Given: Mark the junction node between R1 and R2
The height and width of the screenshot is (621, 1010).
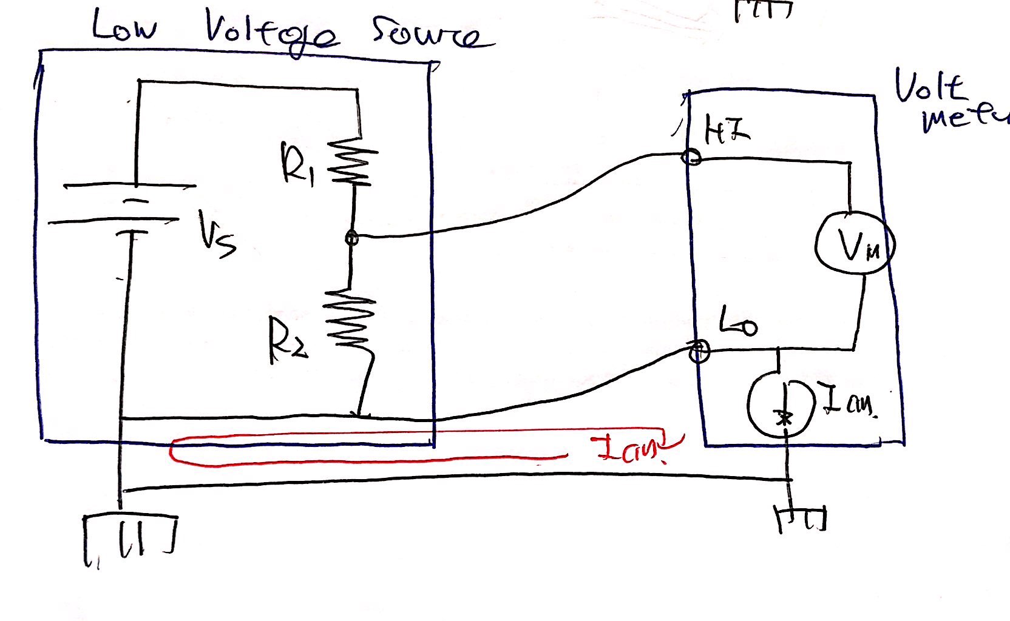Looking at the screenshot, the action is (x=351, y=238).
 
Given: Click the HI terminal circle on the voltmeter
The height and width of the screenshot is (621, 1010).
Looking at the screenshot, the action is (x=691, y=158).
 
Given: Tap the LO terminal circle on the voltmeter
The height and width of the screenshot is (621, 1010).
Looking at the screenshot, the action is (x=699, y=350).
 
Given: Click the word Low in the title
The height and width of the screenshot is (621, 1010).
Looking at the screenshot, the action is (x=125, y=27).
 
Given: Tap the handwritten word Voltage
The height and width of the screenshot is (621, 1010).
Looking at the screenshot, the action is (x=271, y=33).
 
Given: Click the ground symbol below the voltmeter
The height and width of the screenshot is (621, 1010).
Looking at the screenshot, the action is (x=800, y=519).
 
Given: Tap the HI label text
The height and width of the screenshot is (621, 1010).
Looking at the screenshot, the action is (x=726, y=132).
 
